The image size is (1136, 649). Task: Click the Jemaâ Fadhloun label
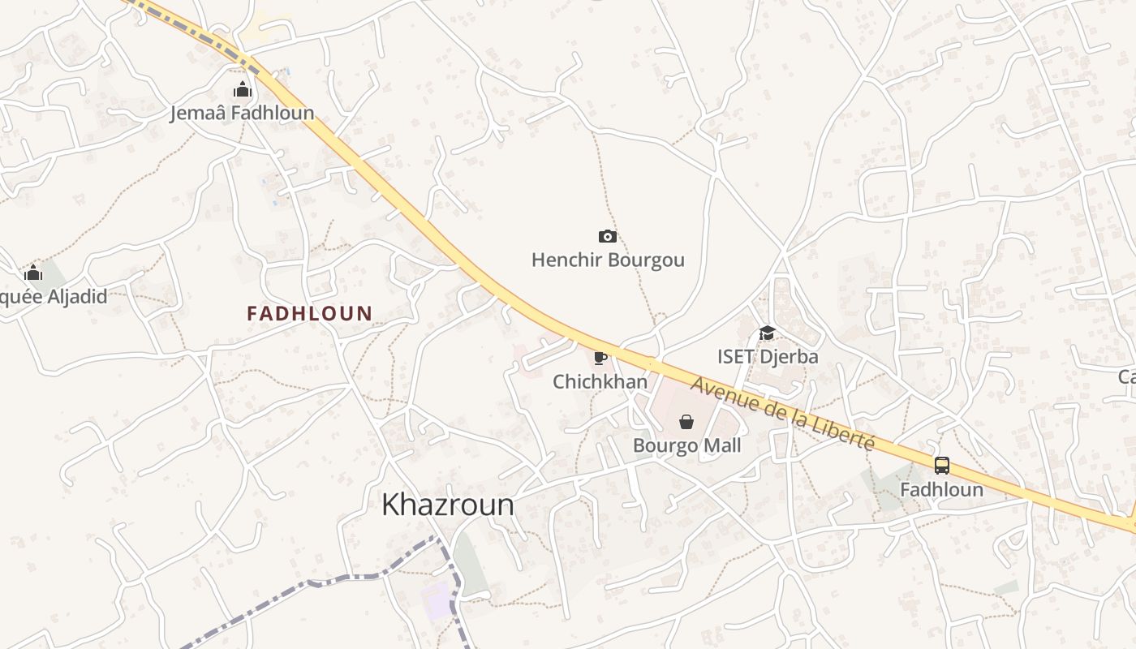242,113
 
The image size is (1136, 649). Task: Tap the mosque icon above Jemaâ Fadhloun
242,89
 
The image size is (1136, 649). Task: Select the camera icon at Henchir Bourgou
607,236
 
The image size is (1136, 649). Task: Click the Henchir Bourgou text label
608,260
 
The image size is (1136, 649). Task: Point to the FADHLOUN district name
310,313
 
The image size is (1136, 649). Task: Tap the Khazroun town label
448,505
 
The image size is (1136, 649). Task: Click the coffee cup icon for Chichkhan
600,358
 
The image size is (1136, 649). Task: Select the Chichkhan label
600,381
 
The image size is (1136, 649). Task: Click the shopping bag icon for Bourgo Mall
686,421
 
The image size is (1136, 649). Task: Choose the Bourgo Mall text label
686,445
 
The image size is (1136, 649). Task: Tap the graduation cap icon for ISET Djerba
767,333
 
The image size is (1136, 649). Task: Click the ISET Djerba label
768,356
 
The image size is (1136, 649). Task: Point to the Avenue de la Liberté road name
784,415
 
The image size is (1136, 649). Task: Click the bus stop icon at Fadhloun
941,466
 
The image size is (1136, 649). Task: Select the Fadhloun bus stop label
941,490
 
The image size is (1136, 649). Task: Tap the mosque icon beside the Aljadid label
33,273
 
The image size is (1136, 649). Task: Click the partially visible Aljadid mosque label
53,296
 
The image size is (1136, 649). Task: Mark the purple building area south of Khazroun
437,600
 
